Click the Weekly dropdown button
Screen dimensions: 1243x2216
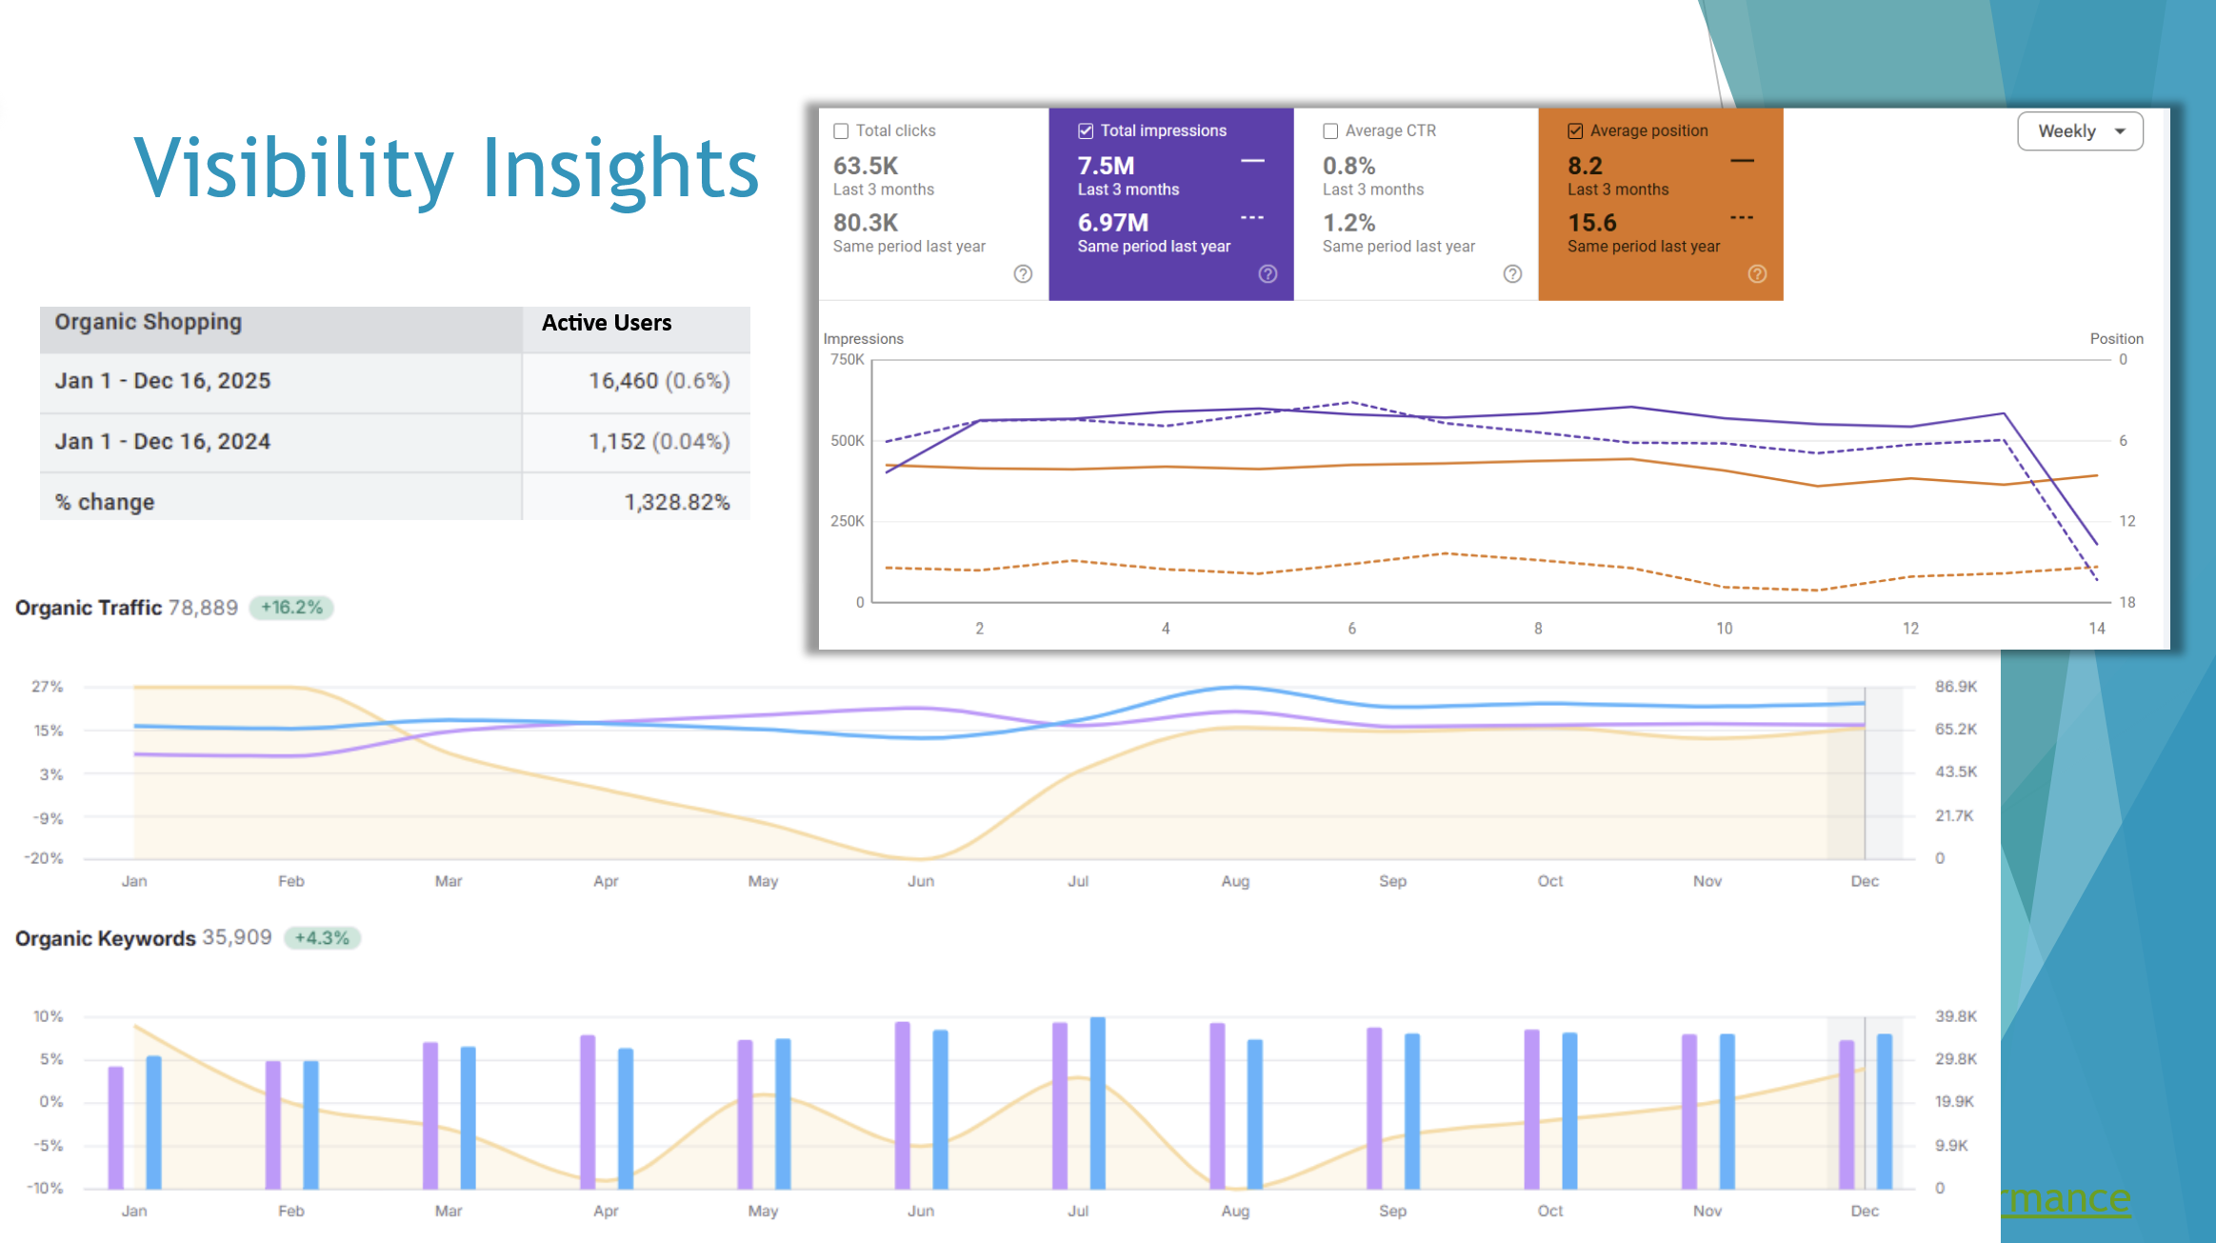(x=2080, y=131)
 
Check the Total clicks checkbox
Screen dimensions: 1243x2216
(x=841, y=131)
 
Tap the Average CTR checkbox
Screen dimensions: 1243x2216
(x=1330, y=131)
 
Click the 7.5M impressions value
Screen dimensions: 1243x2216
(x=1106, y=166)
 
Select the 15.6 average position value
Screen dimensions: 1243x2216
(x=1591, y=223)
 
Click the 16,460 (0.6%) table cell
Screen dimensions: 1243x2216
(x=658, y=381)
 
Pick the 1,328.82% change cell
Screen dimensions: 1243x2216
(x=676, y=502)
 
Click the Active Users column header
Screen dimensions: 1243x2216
(x=607, y=323)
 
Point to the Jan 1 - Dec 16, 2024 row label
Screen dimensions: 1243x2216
(x=163, y=442)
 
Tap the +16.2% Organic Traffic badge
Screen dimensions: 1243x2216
(x=291, y=608)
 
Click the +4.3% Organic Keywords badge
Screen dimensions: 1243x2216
(x=322, y=938)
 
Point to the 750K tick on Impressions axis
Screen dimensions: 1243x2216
(x=847, y=360)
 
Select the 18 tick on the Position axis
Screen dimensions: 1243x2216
(x=2126, y=602)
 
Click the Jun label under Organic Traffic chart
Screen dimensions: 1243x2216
(x=920, y=881)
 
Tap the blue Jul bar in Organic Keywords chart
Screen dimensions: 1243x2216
(x=1097, y=1103)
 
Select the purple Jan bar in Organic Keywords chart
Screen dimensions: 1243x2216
(x=116, y=1128)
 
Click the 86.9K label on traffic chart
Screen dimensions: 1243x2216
(x=1955, y=687)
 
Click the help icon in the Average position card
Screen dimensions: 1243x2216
(x=1757, y=274)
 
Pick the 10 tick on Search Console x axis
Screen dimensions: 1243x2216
(x=1724, y=629)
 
